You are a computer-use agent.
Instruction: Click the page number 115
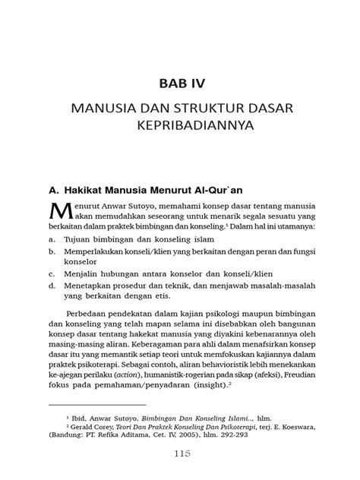tap(180, 453)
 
